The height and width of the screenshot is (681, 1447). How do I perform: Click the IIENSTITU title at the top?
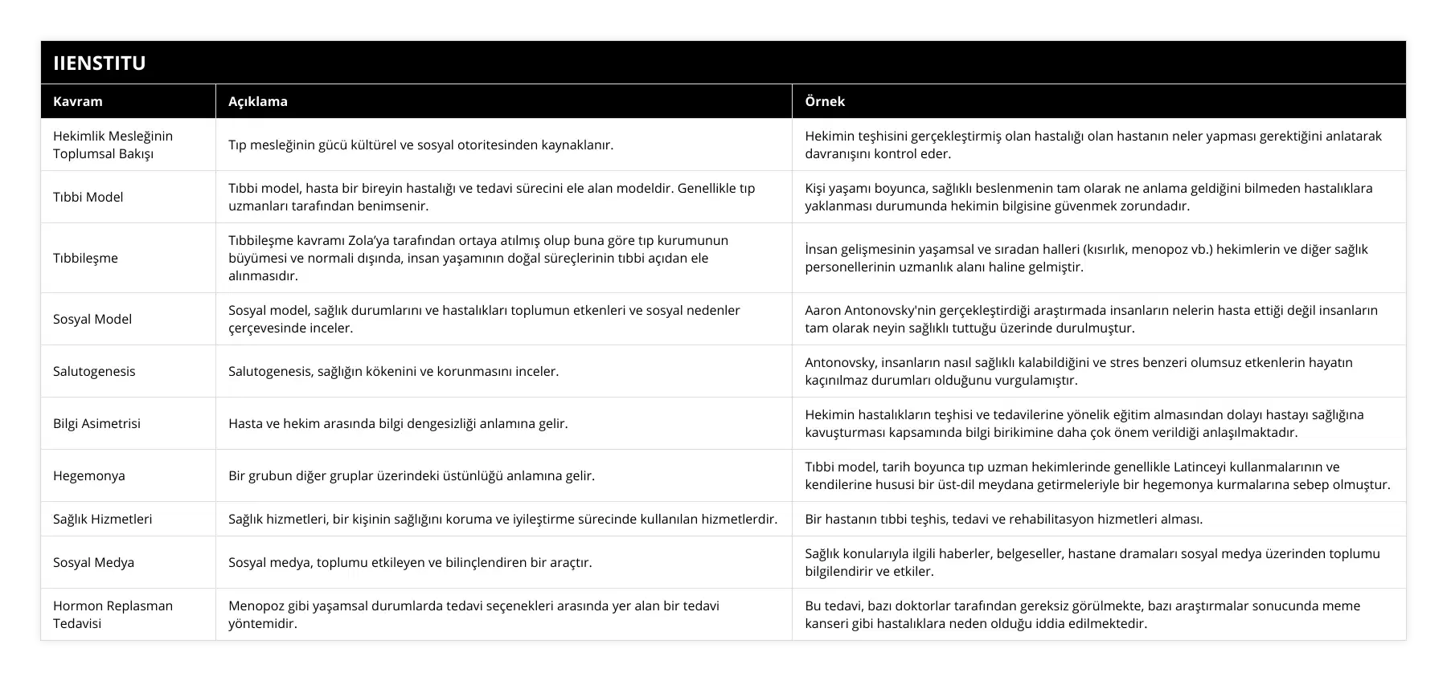(x=100, y=63)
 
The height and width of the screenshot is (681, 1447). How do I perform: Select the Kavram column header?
(x=78, y=101)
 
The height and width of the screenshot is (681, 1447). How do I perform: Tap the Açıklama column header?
(x=258, y=101)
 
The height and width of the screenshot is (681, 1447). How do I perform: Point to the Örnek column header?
(x=825, y=101)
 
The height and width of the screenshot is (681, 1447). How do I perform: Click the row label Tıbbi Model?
(x=88, y=197)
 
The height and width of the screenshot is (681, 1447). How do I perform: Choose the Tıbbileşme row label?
(x=85, y=258)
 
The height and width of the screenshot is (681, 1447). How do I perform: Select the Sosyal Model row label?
(x=92, y=319)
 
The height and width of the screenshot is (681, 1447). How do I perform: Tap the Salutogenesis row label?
(x=94, y=371)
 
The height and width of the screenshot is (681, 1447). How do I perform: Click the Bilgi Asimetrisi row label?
(x=96, y=423)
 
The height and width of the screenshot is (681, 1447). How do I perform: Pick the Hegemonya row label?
(x=89, y=475)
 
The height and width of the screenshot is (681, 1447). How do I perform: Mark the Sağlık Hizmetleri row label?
(x=103, y=519)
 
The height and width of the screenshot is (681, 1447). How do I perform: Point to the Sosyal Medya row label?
(x=93, y=562)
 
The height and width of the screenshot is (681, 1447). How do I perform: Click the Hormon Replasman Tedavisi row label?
(x=113, y=614)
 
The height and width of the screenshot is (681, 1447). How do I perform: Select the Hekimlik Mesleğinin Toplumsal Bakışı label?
(x=113, y=145)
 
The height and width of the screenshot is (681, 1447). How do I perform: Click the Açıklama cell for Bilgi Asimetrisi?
(x=398, y=423)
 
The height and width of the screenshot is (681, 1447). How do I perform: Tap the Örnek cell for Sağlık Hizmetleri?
(x=1004, y=519)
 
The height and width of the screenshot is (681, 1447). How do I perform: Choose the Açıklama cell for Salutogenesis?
(x=394, y=371)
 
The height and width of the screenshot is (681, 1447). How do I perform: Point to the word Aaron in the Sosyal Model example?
(x=823, y=310)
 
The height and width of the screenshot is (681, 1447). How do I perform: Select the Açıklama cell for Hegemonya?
(x=412, y=475)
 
